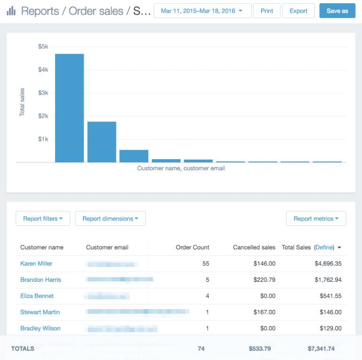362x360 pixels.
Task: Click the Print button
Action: (267, 11)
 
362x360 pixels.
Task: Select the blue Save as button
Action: (337, 11)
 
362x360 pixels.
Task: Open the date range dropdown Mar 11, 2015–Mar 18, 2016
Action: (202, 11)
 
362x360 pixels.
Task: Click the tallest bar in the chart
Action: (69, 108)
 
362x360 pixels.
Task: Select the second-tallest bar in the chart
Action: (102, 142)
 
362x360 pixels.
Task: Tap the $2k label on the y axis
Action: (43, 116)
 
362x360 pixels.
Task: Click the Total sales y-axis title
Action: (22, 102)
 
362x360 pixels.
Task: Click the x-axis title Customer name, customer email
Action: (181, 168)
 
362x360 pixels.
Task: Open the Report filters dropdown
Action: (43, 219)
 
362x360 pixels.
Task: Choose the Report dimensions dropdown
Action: (110, 219)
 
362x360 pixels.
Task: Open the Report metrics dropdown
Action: (316, 219)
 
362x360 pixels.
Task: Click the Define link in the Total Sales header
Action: (324, 247)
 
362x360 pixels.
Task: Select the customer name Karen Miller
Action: (36, 263)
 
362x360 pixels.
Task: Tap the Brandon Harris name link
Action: (41, 280)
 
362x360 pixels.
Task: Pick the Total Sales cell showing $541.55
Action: (328, 296)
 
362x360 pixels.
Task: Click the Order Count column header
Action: (192, 247)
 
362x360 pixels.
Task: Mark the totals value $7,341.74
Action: (321, 349)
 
